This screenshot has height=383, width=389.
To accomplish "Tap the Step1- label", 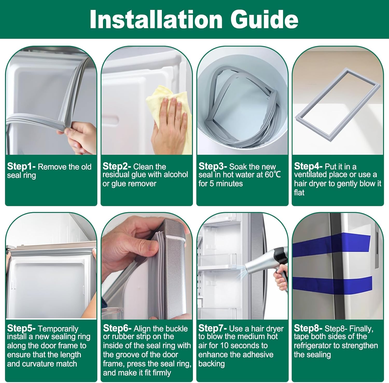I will pyautogui.click(x=21, y=166).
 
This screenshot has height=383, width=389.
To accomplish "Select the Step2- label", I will pyautogui.click(x=117, y=166).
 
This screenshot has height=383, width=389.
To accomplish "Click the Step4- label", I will pyautogui.click(x=308, y=166).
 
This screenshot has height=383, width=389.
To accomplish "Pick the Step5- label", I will pyautogui.click(x=21, y=328).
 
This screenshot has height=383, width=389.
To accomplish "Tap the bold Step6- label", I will pyautogui.click(x=117, y=328).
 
